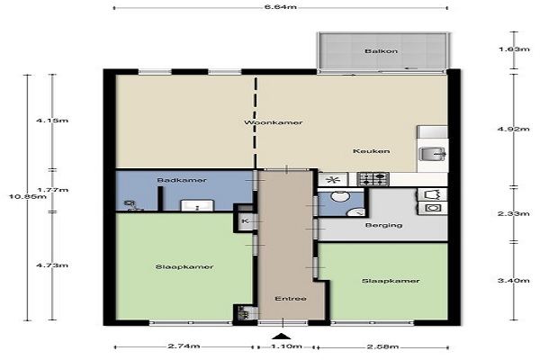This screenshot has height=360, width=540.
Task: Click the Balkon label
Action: pos(382,51)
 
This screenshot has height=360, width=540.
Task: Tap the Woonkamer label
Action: pos(274,122)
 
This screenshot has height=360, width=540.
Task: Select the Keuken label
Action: pos(371,151)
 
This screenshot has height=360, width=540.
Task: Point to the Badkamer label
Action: pos(182,180)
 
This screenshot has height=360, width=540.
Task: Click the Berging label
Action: pos(383,225)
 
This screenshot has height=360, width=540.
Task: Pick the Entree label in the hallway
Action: pos(291,299)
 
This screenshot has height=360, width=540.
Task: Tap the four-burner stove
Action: pos(373,179)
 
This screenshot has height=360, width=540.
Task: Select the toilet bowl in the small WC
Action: pos(340,196)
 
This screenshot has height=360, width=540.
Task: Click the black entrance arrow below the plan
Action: pos(282,337)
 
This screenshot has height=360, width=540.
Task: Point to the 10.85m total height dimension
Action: pos(28,197)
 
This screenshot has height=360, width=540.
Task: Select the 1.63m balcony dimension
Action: pos(514,49)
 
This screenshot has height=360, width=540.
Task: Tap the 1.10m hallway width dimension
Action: pos(286,346)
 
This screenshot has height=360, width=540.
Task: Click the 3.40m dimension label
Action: pos(514,281)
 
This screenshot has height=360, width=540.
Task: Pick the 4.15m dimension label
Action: pos(52,121)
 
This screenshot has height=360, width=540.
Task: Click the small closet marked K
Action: pos(246,221)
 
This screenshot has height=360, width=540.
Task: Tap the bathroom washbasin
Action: pos(197,205)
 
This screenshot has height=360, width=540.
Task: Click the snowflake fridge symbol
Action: pos(332,180)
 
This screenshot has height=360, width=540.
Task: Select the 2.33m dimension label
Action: pos(514,214)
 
